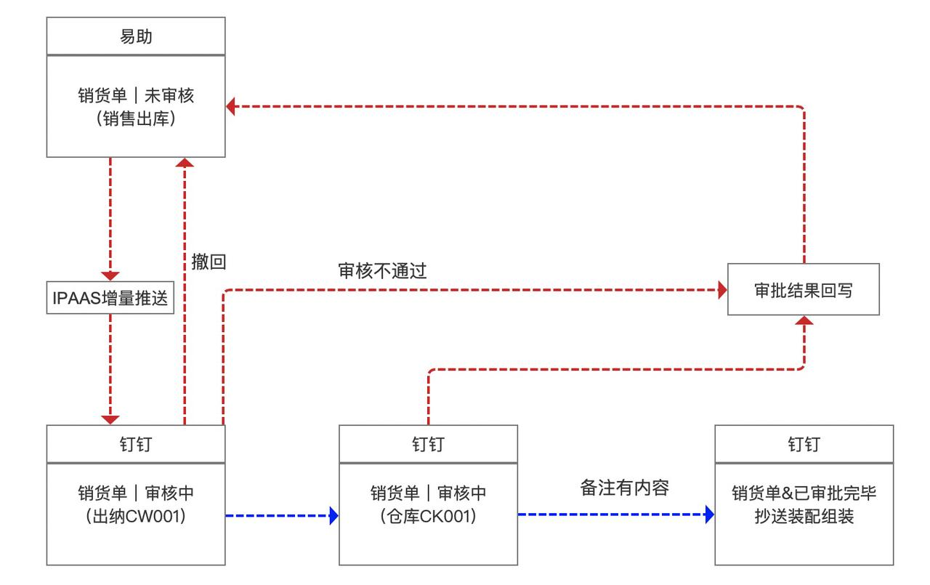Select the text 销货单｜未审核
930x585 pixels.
pyautogui.click(x=136, y=95)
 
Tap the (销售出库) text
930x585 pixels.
pyautogui.click(x=136, y=120)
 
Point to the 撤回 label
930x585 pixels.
pyautogui.click(x=209, y=262)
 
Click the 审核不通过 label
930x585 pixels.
pyautogui.click(x=382, y=271)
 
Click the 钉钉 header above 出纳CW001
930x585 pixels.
pyautogui.click(x=136, y=444)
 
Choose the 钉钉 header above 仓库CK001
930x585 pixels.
pyautogui.click(x=429, y=444)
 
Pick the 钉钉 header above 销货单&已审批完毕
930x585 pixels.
pyautogui.click(x=804, y=444)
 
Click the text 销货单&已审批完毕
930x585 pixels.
pyautogui.click(x=804, y=493)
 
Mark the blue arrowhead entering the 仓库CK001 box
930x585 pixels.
pyautogui.click(x=334, y=515)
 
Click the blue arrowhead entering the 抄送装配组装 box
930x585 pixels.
pyautogui.click(x=709, y=515)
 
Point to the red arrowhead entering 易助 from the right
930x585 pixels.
pyautogui.click(x=231, y=107)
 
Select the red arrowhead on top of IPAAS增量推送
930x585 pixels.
pyautogui.click(x=110, y=276)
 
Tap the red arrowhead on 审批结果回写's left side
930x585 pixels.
pyautogui.click(x=722, y=291)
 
